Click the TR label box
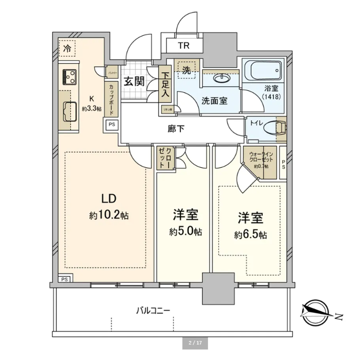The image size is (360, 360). tap(183, 47)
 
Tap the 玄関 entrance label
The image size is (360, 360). tap(133, 82)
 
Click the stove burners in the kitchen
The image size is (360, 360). tap(69, 77)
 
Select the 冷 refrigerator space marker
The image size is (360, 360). tap(66, 48)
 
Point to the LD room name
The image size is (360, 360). tap(108, 199)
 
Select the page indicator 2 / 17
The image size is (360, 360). tap(195, 342)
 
